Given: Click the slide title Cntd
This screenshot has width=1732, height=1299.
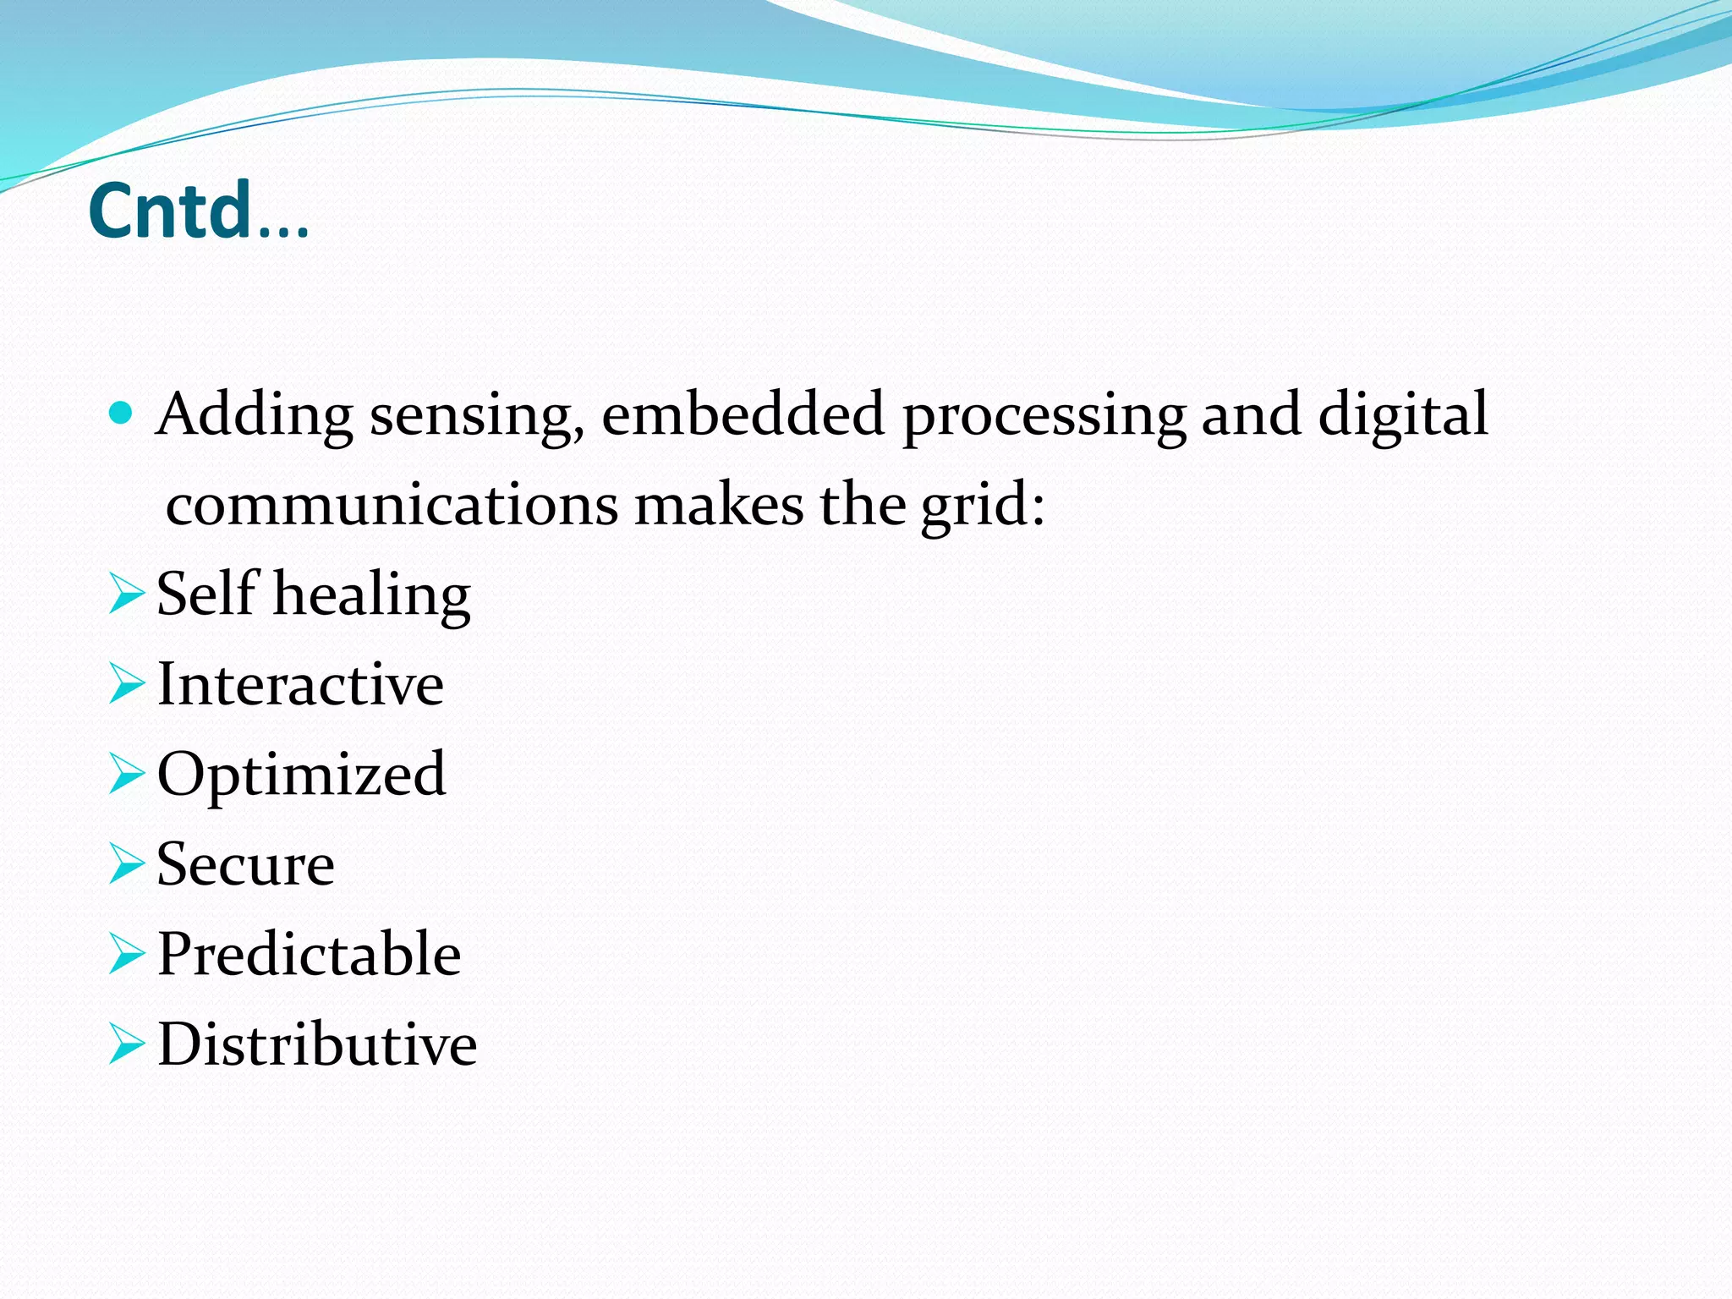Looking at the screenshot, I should [x=198, y=211].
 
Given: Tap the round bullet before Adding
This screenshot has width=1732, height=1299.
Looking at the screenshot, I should [x=123, y=414].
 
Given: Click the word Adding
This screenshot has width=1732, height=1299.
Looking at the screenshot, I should [x=255, y=415].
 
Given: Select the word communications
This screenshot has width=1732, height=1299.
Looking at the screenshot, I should [x=392, y=505].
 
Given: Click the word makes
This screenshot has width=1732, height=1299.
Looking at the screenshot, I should [x=719, y=505].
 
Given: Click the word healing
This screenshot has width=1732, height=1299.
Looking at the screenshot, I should [x=372, y=595].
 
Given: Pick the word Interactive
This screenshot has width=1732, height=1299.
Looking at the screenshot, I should [x=300, y=684].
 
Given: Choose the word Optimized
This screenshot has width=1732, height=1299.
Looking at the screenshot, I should [x=301, y=775].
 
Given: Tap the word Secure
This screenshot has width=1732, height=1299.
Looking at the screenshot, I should [x=245, y=864].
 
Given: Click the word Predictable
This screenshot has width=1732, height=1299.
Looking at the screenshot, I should [x=309, y=954].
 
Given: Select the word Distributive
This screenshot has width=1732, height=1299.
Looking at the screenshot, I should [x=317, y=1044].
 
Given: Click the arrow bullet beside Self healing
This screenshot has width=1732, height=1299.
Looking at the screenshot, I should [x=127, y=594].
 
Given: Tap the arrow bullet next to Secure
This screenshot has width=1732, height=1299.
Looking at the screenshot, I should [x=127, y=864].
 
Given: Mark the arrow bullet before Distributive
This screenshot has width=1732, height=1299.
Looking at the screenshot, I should [x=127, y=1044].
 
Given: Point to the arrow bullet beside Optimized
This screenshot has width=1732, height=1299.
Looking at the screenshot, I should [x=127, y=775].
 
